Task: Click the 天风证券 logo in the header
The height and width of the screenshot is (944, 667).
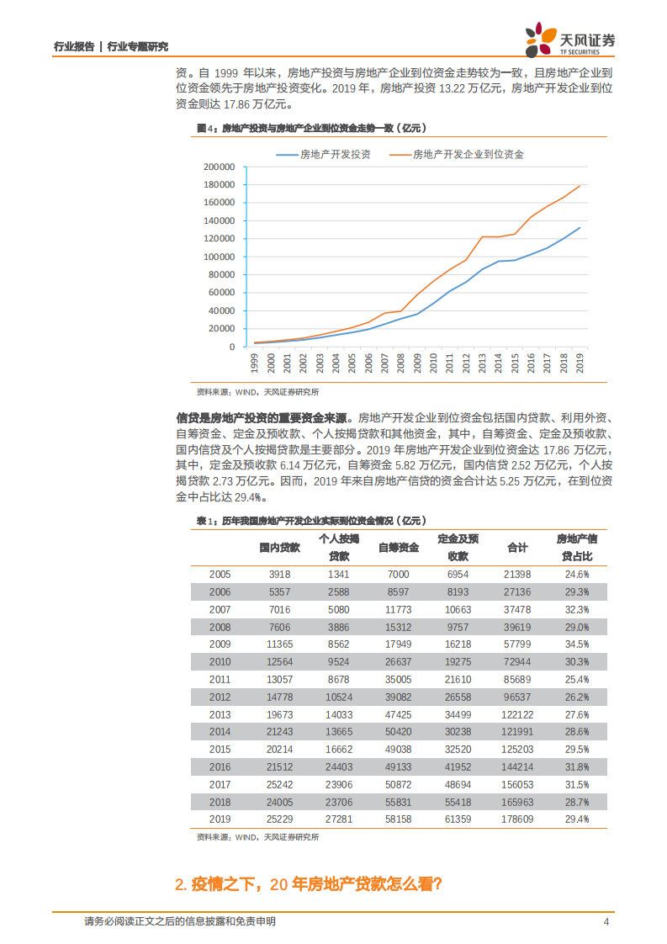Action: [569, 38]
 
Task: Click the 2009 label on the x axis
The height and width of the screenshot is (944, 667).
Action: [417, 363]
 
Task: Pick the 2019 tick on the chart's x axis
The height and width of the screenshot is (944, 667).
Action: [579, 363]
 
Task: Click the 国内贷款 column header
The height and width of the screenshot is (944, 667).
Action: [279, 548]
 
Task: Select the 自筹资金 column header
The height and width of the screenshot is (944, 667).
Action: [398, 548]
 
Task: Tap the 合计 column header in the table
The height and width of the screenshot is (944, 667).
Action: [517, 548]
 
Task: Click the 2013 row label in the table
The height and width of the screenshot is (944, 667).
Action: [220, 714]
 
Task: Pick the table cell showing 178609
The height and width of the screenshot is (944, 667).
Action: [517, 819]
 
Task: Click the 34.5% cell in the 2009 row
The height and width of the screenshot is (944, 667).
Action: [576, 644]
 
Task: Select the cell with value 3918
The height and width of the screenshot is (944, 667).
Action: [279, 574]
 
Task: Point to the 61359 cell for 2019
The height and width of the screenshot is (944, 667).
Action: [458, 819]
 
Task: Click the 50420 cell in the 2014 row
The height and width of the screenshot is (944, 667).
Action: [398, 732]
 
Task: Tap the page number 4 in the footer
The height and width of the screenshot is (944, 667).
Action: [606, 921]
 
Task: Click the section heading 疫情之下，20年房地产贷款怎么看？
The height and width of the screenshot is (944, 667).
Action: [309, 884]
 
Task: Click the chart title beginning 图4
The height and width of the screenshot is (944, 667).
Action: [312, 129]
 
